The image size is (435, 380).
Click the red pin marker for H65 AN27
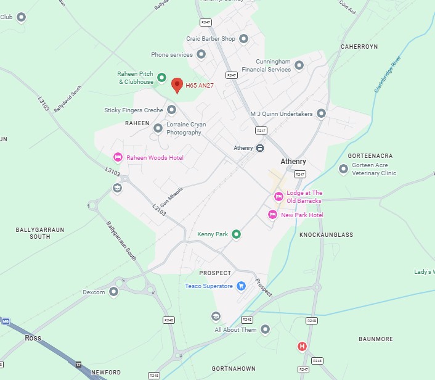pos(177,86)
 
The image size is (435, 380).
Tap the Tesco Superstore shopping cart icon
pos(242,286)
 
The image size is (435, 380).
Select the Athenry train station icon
pos(260,148)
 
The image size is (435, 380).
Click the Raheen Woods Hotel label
pos(155,158)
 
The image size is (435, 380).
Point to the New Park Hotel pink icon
pos(272,215)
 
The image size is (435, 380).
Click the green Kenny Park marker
pos(235,234)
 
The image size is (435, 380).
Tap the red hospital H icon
pos(302,347)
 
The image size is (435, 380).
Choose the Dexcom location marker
pos(114,292)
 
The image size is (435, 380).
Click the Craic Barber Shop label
pos(211,39)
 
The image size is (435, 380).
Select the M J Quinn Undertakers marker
pos(321,114)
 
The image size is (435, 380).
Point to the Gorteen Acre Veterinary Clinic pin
pos(344,168)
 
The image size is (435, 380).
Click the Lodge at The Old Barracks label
pos(304,197)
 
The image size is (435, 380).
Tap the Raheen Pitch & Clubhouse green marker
pos(161,78)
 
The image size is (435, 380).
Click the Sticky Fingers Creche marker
pos(172,110)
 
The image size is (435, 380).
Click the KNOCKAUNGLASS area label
pos(326,235)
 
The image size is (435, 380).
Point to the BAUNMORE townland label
pos(376,339)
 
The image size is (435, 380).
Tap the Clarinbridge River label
pos(387,75)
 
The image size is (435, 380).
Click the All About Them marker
pos(265,330)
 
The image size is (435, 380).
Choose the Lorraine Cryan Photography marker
pos(158,128)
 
